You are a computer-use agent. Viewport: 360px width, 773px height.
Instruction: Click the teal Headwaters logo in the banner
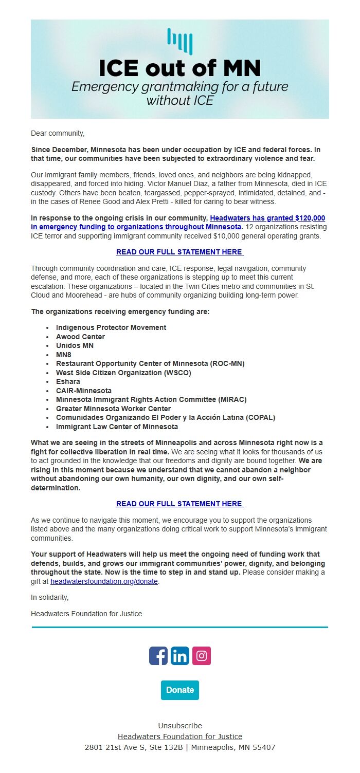pos(179,42)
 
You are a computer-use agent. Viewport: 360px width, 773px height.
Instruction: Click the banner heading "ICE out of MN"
pos(179,68)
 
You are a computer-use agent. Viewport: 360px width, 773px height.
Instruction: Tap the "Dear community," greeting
pos(58,133)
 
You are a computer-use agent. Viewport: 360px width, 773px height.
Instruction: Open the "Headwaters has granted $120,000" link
pos(267,218)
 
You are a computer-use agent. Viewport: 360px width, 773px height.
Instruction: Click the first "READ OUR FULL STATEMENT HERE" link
pos(179,252)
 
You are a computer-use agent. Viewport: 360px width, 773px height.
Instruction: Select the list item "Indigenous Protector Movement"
pos(111,327)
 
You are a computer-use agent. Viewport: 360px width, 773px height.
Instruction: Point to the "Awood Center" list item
pos(80,337)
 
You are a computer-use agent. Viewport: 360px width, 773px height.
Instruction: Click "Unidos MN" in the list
pos(75,345)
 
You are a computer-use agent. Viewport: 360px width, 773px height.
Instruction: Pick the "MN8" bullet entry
pos(64,355)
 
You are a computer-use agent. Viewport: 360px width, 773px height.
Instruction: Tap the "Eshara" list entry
pos(68,381)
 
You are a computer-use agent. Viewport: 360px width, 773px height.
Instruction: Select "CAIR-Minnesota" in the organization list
pos(83,391)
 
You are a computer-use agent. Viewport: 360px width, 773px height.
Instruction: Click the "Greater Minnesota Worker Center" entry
pos(113,409)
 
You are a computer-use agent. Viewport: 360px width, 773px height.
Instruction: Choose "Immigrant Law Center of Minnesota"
pos(117,427)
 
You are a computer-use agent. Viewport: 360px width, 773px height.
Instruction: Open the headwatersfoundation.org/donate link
pos(104,581)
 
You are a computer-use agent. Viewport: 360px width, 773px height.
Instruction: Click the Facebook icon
pos(158,656)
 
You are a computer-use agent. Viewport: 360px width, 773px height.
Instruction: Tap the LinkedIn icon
pos(180,656)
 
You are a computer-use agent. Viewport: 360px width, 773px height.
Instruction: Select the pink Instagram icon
pos(202,656)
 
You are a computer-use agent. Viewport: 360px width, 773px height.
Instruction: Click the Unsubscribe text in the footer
pos(180,726)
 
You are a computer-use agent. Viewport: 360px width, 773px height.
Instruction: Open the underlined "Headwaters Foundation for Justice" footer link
pos(180,737)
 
